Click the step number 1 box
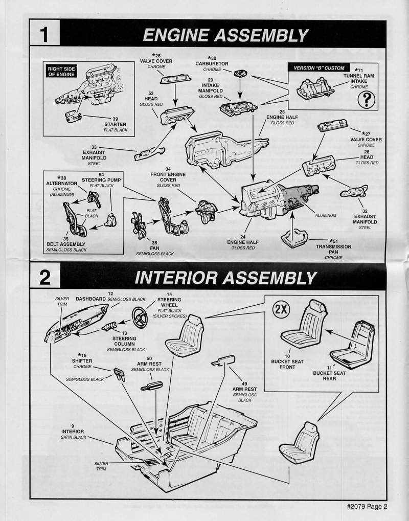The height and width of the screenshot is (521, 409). (x=44, y=34)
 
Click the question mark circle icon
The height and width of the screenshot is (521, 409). (x=366, y=99)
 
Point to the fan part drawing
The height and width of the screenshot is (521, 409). (x=140, y=225)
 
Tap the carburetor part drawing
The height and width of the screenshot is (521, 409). (x=239, y=73)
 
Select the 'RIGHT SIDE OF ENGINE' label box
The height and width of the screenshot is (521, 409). (x=61, y=71)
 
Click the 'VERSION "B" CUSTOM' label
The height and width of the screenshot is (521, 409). (x=319, y=68)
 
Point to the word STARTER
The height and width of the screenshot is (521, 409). (x=115, y=124)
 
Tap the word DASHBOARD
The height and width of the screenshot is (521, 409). (x=91, y=299)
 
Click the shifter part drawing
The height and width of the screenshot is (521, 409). (x=120, y=375)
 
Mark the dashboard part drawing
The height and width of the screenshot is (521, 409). (x=77, y=323)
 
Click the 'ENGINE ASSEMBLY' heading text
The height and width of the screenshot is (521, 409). (x=225, y=35)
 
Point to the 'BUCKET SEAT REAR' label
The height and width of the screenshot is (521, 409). (x=329, y=376)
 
